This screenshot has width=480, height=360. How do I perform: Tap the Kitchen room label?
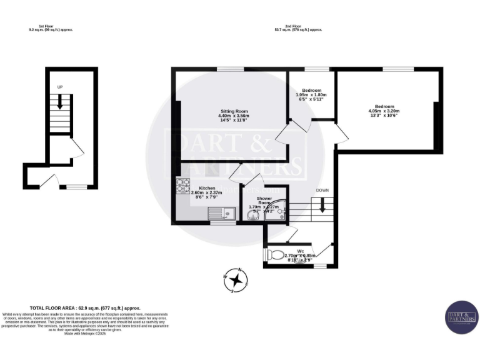(x=207, y=188)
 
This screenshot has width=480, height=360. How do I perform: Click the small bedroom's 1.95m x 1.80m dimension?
(x=311, y=94)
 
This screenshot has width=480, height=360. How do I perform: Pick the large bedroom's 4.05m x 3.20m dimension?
(x=387, y=111)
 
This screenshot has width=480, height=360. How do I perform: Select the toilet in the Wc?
(x=276, y=256)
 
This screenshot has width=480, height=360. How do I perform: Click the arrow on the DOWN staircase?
(x=322, y=206)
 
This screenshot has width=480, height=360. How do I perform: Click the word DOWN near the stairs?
(x=322, y=190)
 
